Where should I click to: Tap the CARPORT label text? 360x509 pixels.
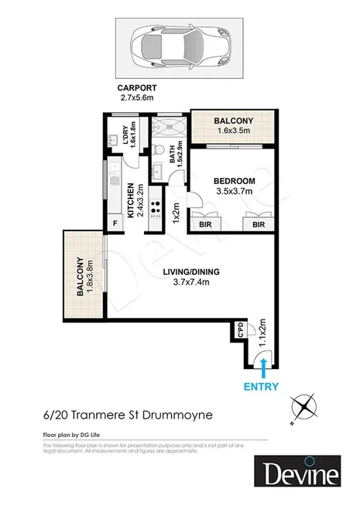138,87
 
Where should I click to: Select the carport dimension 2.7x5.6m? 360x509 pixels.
138,97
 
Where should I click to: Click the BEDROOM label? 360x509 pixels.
235,181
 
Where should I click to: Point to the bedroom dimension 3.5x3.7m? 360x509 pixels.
235,191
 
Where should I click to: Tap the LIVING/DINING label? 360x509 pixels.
190,272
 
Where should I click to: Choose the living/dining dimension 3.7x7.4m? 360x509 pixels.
190,282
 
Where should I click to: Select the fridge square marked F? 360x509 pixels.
116,224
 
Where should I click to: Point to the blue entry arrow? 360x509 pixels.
264,366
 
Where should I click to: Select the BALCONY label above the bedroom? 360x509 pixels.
234,121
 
